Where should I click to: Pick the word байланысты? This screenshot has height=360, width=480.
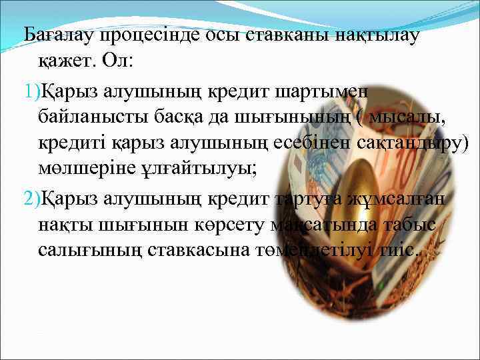99,118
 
